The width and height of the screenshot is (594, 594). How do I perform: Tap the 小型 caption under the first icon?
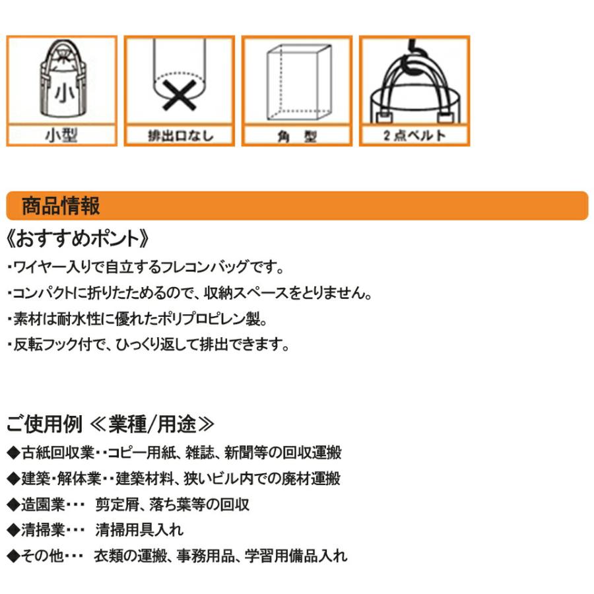click(x=62, y=135)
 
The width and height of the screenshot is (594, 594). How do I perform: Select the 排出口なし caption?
click(x=180, y=135)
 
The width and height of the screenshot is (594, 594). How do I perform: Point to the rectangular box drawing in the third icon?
click(x=299, y=82)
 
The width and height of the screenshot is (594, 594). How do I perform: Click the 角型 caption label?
click(x=298, y=135)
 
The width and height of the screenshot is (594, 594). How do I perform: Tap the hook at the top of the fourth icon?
click(x=414, y=45)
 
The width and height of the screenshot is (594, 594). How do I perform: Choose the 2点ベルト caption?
click(x=414, y=135)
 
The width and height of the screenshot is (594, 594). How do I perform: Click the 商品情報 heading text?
click(x=61, y=206)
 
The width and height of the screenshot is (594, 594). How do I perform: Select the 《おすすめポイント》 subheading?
click(x=78, y=239)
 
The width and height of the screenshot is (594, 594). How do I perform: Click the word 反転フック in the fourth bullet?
click(x=46, y=345)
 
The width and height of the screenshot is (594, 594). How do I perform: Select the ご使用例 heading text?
click(x=44, y=424)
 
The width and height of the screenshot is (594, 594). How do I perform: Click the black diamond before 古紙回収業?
click(x=14, y=453)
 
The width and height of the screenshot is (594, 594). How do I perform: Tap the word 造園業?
click(x=43, y=505)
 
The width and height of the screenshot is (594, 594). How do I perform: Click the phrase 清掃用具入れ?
click(x=139, y=530)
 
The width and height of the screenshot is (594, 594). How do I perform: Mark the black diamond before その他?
click(x=14, y=556)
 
